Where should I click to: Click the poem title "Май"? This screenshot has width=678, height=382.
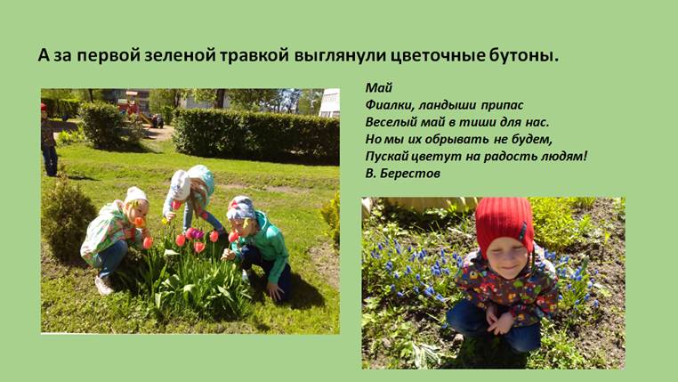(379, 88)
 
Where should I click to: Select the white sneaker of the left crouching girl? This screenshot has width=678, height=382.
(103, 286)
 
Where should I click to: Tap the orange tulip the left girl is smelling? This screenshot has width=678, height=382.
(139, 223)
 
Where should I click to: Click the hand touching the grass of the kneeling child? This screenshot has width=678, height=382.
(275, 290)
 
